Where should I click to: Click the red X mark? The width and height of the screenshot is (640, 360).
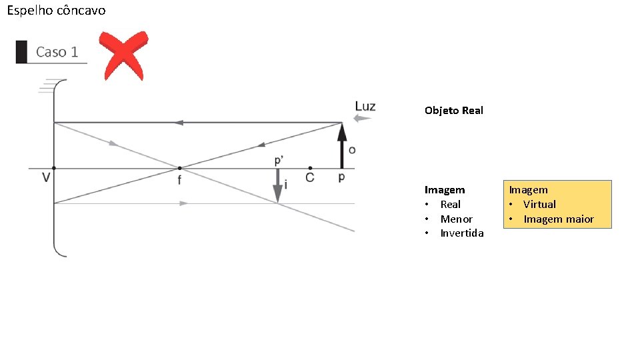pos(123,55)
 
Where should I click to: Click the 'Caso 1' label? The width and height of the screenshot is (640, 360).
pos(57,52)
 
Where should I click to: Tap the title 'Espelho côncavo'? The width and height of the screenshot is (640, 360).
pos(56,11)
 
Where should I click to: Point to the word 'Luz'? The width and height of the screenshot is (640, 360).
pos(365,106)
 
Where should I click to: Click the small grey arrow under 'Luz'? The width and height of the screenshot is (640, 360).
pos(362,119)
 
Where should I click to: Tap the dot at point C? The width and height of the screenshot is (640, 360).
pos(310,168)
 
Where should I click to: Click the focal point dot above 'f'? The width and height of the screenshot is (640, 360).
pos(179,168)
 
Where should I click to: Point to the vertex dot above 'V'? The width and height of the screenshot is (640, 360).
pos(54,168)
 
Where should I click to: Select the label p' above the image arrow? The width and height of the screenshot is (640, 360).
pos(279,161)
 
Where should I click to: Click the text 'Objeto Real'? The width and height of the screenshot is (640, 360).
pos(453,111)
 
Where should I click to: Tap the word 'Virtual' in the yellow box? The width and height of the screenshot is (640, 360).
pos(539,204)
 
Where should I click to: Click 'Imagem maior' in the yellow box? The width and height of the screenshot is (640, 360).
pos(559,219)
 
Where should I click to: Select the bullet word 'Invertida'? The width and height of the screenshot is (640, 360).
pos(462,233)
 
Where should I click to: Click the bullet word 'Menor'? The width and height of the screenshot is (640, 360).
pos(457,219)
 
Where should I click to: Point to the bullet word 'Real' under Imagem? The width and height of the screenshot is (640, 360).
pos(451,204)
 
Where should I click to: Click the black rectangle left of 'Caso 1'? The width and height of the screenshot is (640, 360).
pos(21,52)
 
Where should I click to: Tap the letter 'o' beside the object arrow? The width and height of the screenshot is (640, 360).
pos(352,149)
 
